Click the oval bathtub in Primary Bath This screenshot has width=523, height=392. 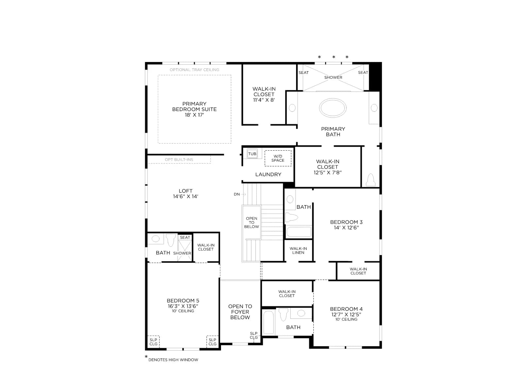click(x=333, y=108)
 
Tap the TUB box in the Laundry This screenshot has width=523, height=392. click(x=252, y=154)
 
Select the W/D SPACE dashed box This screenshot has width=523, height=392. click(x=278, y=158)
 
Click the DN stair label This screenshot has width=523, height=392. click(x=237, y=194)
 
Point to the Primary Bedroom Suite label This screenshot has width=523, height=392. click(x=194, y=109)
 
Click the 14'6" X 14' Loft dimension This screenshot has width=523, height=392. click(x=186, y=196)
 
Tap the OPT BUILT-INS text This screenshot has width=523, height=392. click(x=179, y=159)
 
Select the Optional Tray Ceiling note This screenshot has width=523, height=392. click(x=194, y=70)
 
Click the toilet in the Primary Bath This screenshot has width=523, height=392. click(x=370, y=180)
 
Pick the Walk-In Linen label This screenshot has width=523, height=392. click(x=298, y=251)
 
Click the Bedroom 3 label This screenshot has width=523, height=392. click(x=346, y=222)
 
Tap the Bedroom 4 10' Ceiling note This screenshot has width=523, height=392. click(x=346, y=319)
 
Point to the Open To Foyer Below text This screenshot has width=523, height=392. click(x=240, y=312)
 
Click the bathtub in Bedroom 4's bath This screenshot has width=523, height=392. click(x=269, y=322)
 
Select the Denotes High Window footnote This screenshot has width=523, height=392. click(x=173, y=360)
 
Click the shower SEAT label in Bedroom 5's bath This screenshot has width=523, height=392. click(x=185, y=237)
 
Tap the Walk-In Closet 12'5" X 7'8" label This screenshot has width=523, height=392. click(x=328, y=167)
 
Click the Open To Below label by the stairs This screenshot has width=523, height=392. click(x=252, y=222)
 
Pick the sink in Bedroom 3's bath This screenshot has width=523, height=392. click(x=290, y=200)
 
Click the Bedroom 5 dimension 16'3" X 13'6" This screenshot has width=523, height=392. click(x=183, y=306)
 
